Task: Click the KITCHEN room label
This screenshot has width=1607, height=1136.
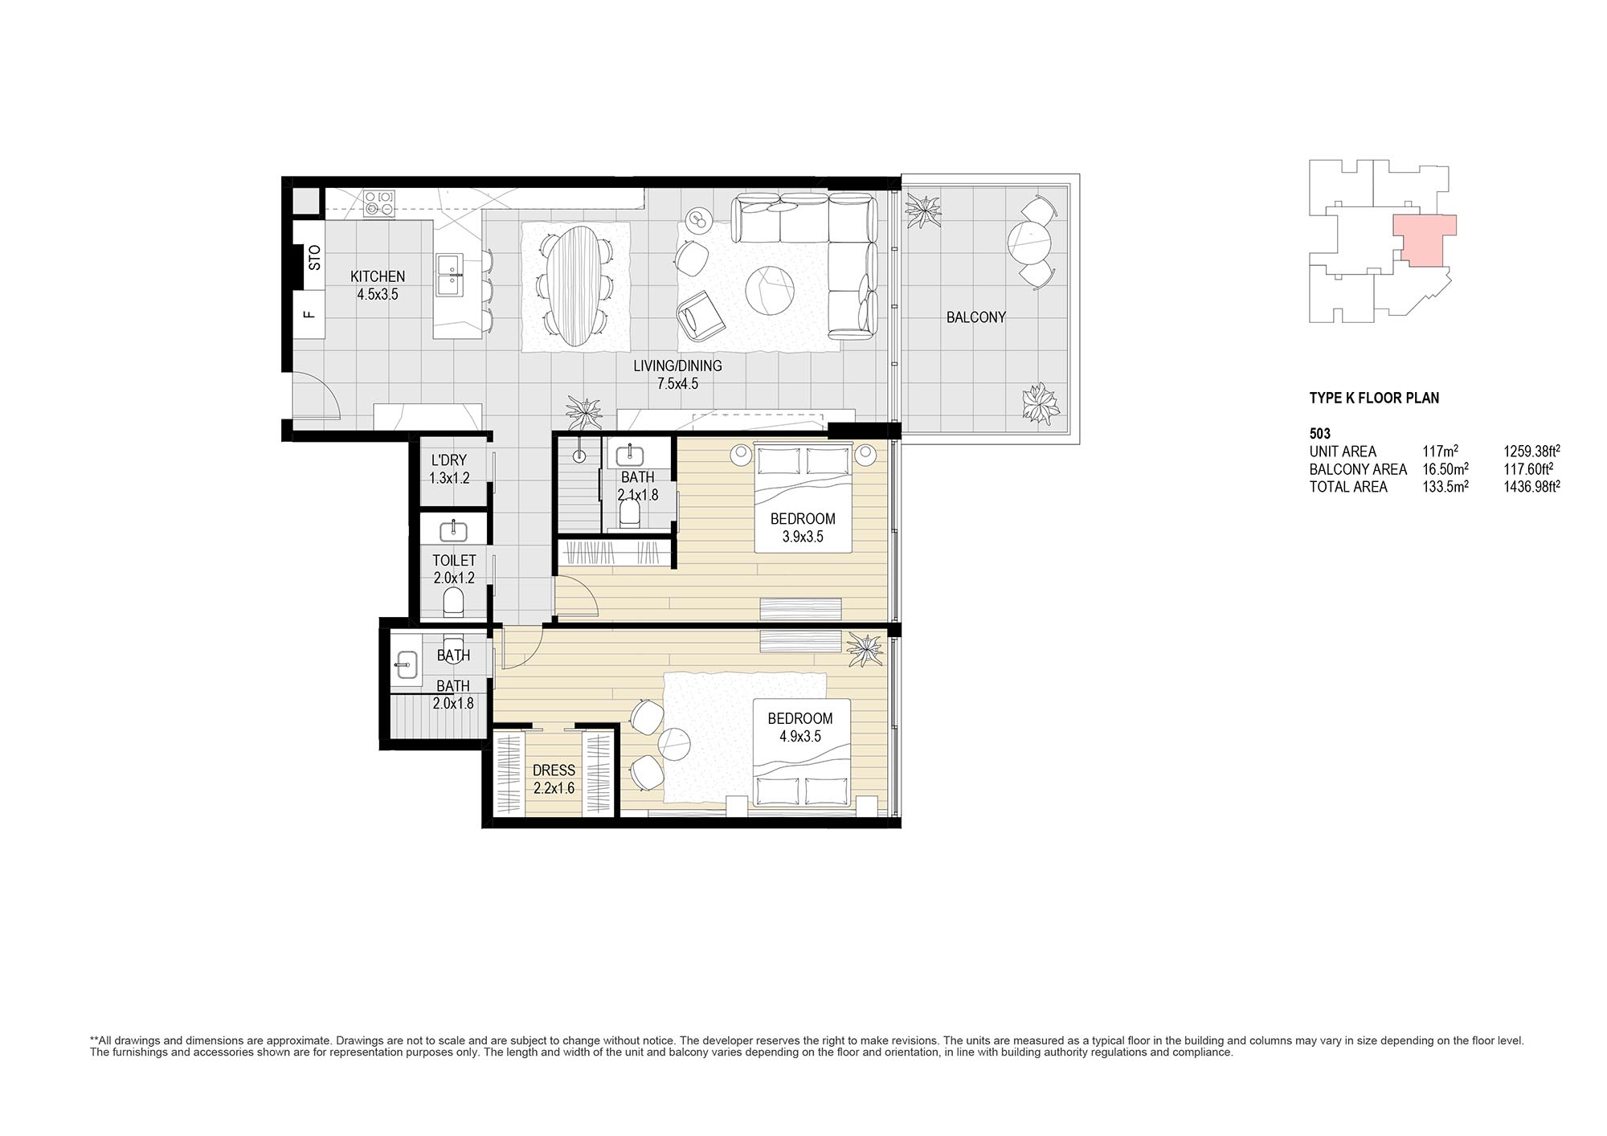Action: (x=378, y=276)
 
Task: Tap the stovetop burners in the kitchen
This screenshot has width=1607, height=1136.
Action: (x=379, y=202)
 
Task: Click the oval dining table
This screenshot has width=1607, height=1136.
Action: (x=575, y=286)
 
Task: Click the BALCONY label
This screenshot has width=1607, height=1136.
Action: (x=976, y=317)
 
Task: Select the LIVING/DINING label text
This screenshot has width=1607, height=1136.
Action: (x=677, y=366)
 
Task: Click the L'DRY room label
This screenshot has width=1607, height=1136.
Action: (x=448, y=460)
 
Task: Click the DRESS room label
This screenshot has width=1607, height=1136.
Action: (x=554, y=770)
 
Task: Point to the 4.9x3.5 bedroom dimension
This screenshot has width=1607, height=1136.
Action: (x=799, y=737)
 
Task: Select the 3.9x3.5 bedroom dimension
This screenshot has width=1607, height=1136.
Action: (x=803, y=537)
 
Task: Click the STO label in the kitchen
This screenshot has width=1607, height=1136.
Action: (x=314, y=257)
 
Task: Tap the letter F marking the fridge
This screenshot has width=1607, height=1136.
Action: (x=309, y=314)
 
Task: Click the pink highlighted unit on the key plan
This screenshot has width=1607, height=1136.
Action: (x=1423, y=239)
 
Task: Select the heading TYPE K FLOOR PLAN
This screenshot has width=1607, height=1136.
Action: (x=1374, y=398)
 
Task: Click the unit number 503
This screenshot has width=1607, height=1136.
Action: (x=1320, y=434)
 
